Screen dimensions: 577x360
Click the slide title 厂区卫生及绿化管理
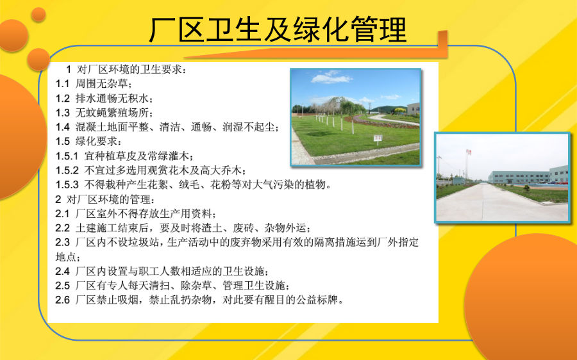click(x=278, y=29)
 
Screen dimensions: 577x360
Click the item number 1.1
click(x=62, y=84)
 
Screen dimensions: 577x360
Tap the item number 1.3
click(x=62, y=113)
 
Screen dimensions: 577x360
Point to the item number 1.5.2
click(x=67, y=170)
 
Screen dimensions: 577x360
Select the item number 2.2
click(x=62, y=228)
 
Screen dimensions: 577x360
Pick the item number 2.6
click(x=62, y=300)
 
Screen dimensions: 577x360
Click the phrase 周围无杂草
click(x=101, y=84)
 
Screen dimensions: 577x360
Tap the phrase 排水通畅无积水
click(x=112, y=98)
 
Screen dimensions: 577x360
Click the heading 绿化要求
click(x=96, y=142)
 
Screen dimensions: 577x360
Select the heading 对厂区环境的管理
click(x=108, y=199)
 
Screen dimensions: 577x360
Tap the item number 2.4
click(x=62, y=272)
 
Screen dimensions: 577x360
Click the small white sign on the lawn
click(x=378, y=138)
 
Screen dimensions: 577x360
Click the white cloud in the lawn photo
click(x=331, y=78)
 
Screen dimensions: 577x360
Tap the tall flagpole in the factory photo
click(x=468, y=165)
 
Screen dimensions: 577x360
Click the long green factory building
click(x=519, y=177)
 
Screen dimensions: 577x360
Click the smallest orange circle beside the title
click(x=38, y=14)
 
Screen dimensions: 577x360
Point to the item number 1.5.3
click(x=67, y=184)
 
